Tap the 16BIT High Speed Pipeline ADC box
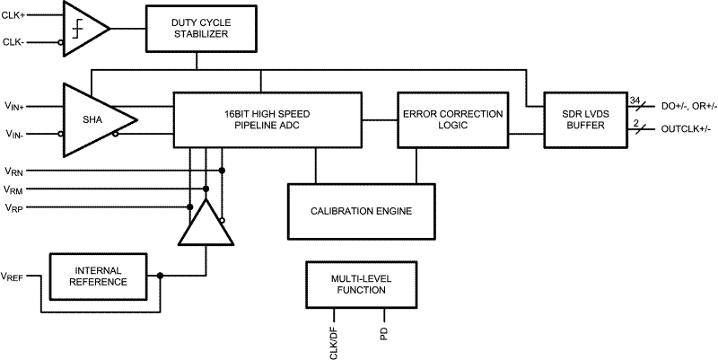pos(267,120)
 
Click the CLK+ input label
pos(15,15)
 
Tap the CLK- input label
pos(15,41)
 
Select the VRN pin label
pos(14,171)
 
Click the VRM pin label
pos(14,189)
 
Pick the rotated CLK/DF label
pos(333,341)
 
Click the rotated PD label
pos(383,333)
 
